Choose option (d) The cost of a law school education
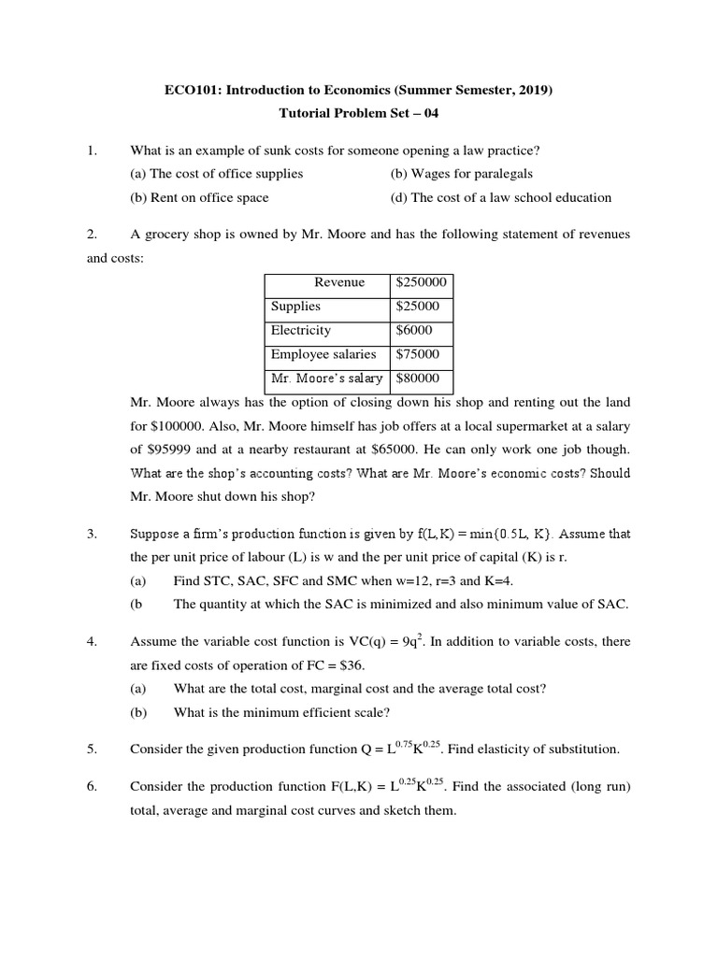tap(500, 197)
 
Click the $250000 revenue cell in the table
tap(421, 282)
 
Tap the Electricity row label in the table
tap(301, 331)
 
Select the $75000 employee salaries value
tap(418, 354)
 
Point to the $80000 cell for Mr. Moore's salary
tap(418, 379)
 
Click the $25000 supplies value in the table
tap(418, 307)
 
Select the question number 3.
tap(92, 535)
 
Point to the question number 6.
tap(92, 787)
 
